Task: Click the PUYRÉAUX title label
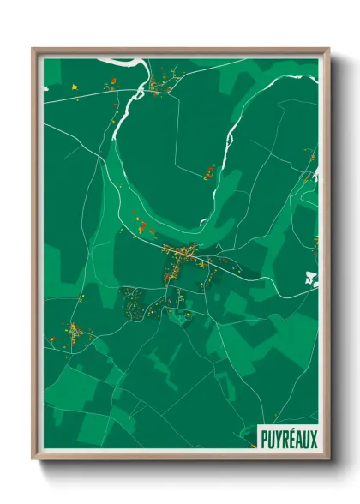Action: [288, 439]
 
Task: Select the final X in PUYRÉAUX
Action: [313, 439]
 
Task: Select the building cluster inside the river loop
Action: [209, 172]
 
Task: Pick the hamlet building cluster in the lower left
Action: [73, 332]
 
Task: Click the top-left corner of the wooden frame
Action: [34, 50]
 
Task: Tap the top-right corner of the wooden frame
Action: [327, 50]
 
